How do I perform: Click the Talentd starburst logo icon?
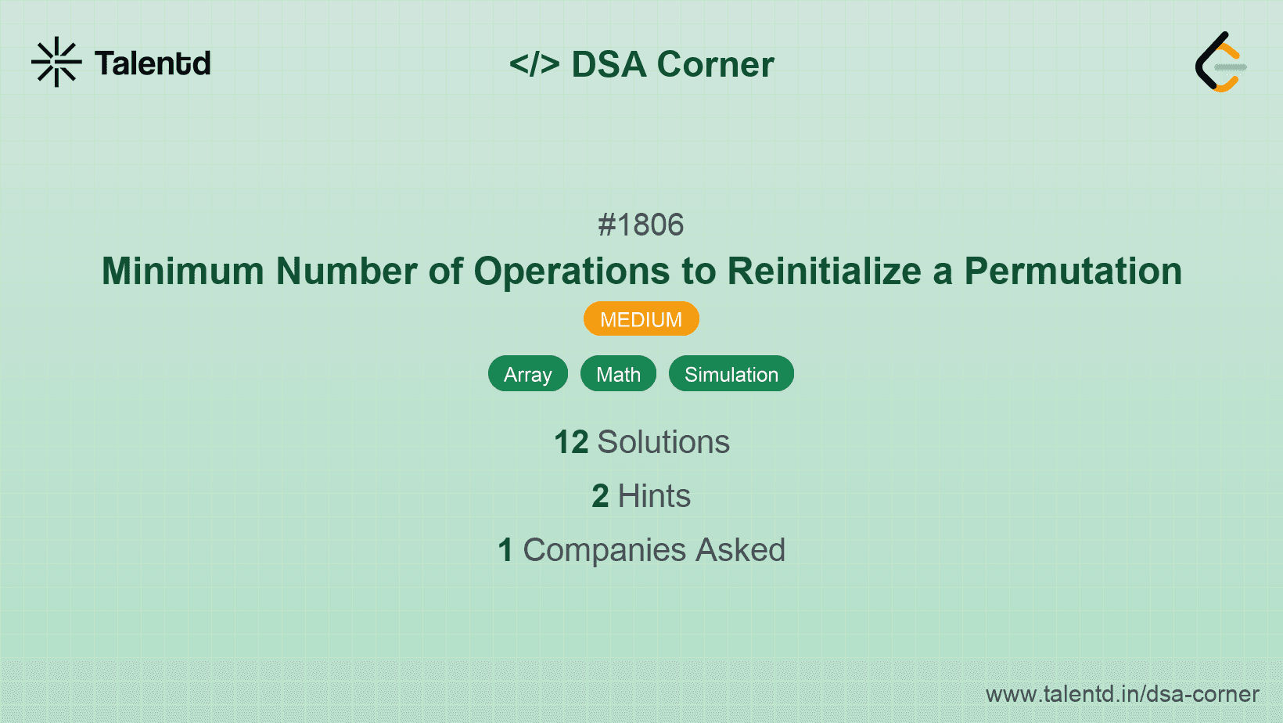click(x=56, y=62)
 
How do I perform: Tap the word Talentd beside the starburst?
click(x=153, y=63)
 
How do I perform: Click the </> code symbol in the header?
click(x=534, y=64)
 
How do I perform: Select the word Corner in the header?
click(x=715, y=64)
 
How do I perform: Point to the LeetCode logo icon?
click(x=1220, y=62)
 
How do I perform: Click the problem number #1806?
click(x=641, y=225)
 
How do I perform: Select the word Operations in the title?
click(x=572, y=272)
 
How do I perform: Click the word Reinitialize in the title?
click(x=825, y=272)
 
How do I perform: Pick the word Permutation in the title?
click(x=1073, y=272)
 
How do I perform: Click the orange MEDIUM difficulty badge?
click(x=641, y=319)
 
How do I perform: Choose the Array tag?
click(x=528, y=374)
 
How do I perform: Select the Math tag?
click(x=618, y=374)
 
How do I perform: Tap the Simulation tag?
click(x=731, y=374)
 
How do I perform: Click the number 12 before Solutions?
click(x=571, y=442)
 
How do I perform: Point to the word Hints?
click(x=654, y=496)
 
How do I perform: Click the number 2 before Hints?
click(x=600, y=496)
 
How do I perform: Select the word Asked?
click(x=740, y=550)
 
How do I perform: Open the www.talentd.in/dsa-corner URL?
click(x=1122, y=694)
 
